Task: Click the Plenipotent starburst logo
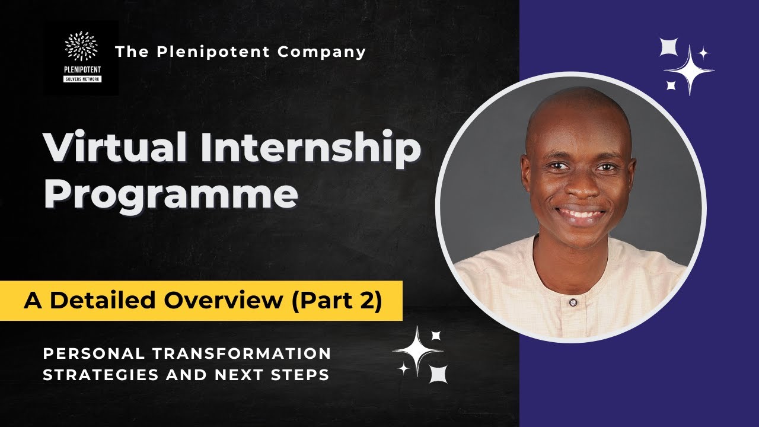point(81,47)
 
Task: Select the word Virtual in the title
point(115,149)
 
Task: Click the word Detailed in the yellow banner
point(106,301)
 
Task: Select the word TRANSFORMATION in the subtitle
point(241,353)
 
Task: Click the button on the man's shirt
point(573,303)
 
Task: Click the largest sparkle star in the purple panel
point(690,71)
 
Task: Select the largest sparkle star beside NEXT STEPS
point(418,350)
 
